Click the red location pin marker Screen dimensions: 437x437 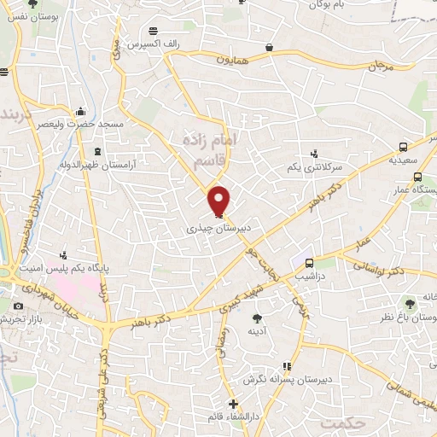tap(219, 201)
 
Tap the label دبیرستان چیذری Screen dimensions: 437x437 tap(218, 230)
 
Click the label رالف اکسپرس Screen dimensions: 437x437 tap(154, 43)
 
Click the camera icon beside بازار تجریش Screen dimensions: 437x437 tap(19, 306)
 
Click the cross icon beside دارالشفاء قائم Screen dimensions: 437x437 tap(233, 404)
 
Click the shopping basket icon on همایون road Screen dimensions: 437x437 tap(270, 49)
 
